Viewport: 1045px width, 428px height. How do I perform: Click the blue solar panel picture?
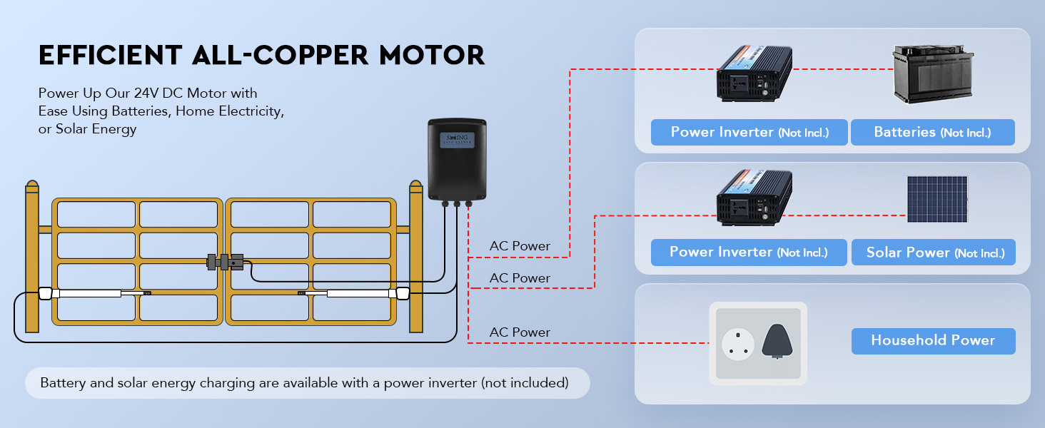click(x=937, y=200)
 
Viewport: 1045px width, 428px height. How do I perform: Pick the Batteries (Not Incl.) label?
click(x=933, y=133)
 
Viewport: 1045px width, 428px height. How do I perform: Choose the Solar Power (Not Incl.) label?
click(x=933, y=253)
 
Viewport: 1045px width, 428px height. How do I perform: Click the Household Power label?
click(x=933, y=340)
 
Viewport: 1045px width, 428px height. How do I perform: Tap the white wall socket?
click(x=738, y=344)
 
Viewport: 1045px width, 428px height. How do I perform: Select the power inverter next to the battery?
click(x=754, y=73)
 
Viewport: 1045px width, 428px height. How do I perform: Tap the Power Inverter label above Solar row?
click(x=749, y=133)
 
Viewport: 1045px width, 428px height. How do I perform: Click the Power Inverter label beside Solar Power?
click(x=749, y=253)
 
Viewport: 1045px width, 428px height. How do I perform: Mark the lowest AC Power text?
click(x=520, y=332)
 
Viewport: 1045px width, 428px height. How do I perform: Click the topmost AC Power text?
click(x=520, y=246)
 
